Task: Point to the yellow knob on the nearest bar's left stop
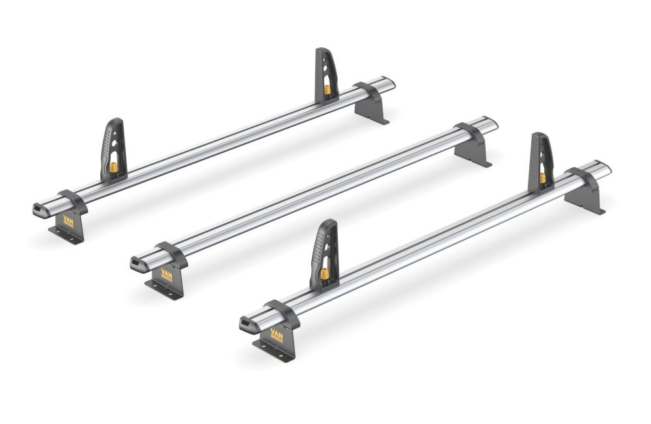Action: (x=324, y=274)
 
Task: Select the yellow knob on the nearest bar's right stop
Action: (x=542, y=177)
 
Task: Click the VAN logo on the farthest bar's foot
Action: (x=68, y=222)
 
